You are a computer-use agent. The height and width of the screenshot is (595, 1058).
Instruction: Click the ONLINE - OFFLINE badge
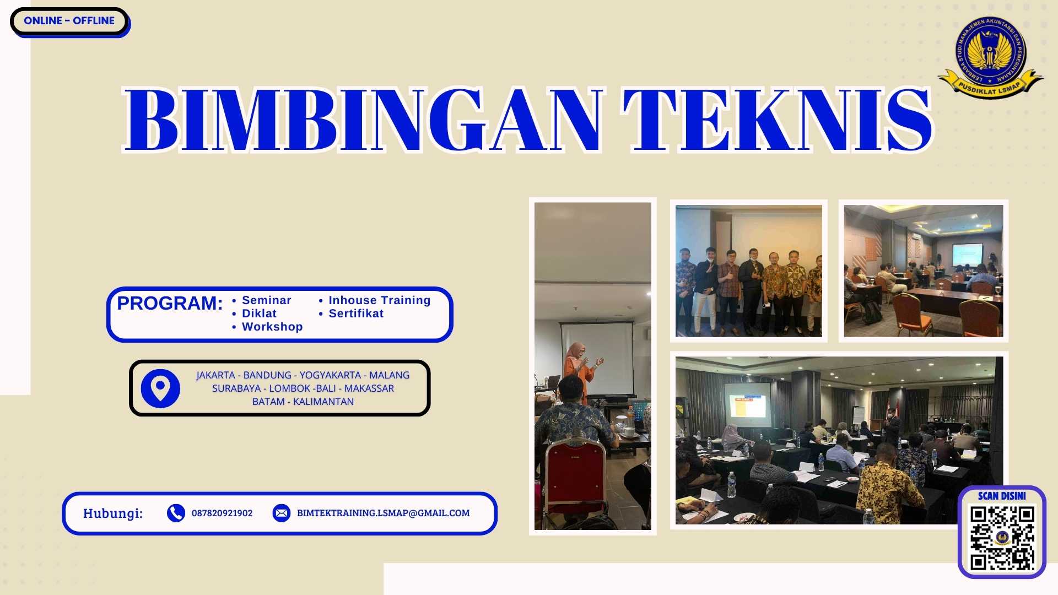(x=69, y=21)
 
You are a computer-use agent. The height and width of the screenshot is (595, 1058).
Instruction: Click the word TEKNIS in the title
(x=777, y=120)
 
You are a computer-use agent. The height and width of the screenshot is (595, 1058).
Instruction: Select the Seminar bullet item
(x=266, y=300)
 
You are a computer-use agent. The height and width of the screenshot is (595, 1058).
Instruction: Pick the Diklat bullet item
(x=259, y=313)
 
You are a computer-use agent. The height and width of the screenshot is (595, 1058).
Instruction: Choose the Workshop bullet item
(x=272, y=327)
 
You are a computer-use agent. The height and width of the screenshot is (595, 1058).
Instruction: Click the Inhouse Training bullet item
(x=379, y=300)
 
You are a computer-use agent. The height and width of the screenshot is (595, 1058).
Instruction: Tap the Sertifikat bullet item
(x=356, y=313)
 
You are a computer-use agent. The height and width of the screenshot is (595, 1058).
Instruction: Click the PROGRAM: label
(x=170, y=303)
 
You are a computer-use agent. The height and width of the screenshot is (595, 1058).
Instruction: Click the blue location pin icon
(x=160, y=388)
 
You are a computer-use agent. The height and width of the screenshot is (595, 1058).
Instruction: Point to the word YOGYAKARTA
(x=330, y=375)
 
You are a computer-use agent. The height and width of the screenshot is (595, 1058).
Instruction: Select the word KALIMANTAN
(x=323, y=402)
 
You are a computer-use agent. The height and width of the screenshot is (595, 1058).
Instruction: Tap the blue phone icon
(x=176, y=513)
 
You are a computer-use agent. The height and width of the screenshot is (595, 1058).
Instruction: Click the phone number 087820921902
(x=222, y=513)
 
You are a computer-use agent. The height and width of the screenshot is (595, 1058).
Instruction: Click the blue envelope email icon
(x=281, y=513)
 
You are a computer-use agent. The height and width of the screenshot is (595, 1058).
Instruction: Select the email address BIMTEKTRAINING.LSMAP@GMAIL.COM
(x=383, y=513)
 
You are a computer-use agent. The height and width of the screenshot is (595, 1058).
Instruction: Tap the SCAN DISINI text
(x=1002, y=496)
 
